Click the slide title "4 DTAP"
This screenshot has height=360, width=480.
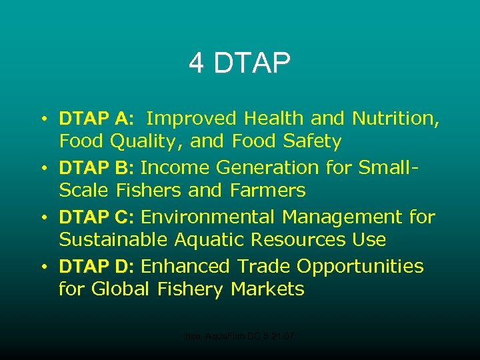239,63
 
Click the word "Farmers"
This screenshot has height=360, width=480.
267,191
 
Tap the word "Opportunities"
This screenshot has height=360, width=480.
360,267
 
